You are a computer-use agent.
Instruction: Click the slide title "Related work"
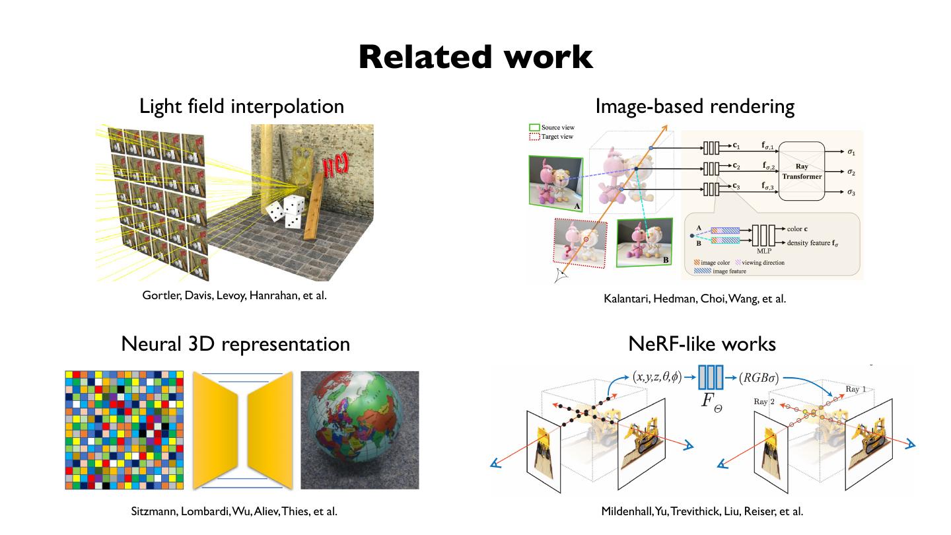475,57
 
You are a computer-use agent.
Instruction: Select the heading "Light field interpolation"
241,106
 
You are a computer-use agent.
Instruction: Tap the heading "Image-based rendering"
695,106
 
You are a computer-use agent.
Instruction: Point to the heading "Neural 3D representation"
235,343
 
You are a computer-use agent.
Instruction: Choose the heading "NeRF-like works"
702,343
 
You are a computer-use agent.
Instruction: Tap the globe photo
359,430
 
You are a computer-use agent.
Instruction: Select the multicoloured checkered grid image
125,430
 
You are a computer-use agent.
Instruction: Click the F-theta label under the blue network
712,402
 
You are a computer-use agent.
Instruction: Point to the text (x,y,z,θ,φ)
656,376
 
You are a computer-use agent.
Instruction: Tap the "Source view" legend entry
557,127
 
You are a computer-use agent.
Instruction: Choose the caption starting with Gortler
234,295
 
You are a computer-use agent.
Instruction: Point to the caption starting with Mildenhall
702,511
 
